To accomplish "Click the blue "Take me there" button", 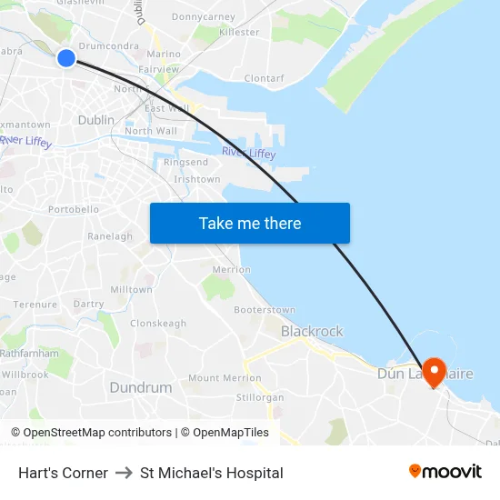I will pos(250,224).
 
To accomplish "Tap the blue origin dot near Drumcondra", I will pos(66,58).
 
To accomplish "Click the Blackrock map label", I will pos(312,332).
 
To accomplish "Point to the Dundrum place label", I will pos(141,387).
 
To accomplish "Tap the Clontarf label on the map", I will pos(264,79).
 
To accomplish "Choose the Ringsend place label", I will pos(192,163).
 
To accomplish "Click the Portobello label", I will pos(74,210).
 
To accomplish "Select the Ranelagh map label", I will pos(110,236).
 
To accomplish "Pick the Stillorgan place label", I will pos(260,398).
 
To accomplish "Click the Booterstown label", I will pos(265,311).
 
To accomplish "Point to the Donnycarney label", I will pos(203,16).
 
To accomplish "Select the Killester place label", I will pos(239,32).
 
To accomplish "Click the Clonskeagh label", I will pos(158,324).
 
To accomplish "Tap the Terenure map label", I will pos(35,305).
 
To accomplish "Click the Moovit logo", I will pos(445,472).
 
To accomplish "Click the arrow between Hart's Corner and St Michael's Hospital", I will pos(124,473).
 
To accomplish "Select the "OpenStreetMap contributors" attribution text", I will pos(97,433).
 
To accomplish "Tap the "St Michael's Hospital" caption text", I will pos(212,473).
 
